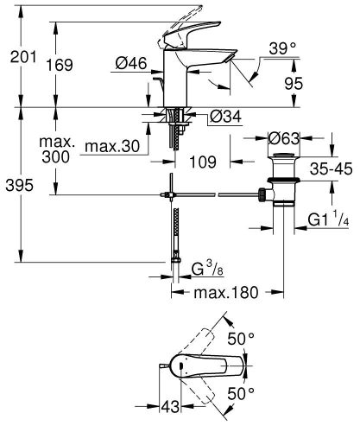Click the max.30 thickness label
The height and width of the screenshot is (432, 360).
click(113, 147)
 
